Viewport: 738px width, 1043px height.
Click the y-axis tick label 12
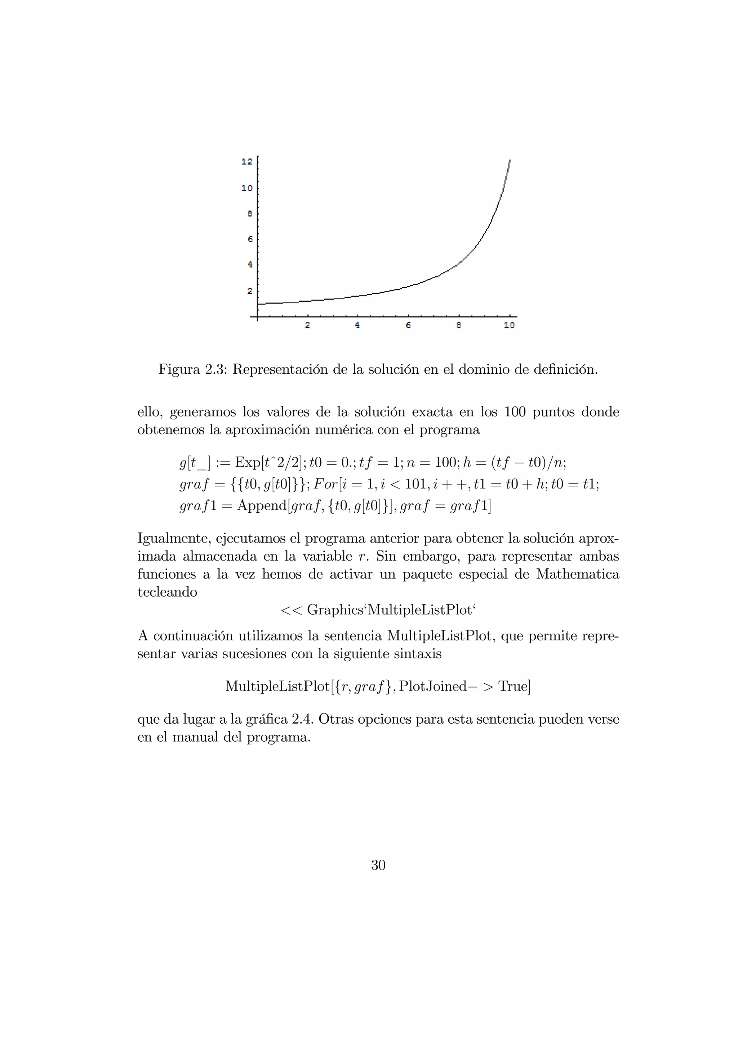tap(246, 162)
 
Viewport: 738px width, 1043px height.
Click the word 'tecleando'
tap(167, 592)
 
